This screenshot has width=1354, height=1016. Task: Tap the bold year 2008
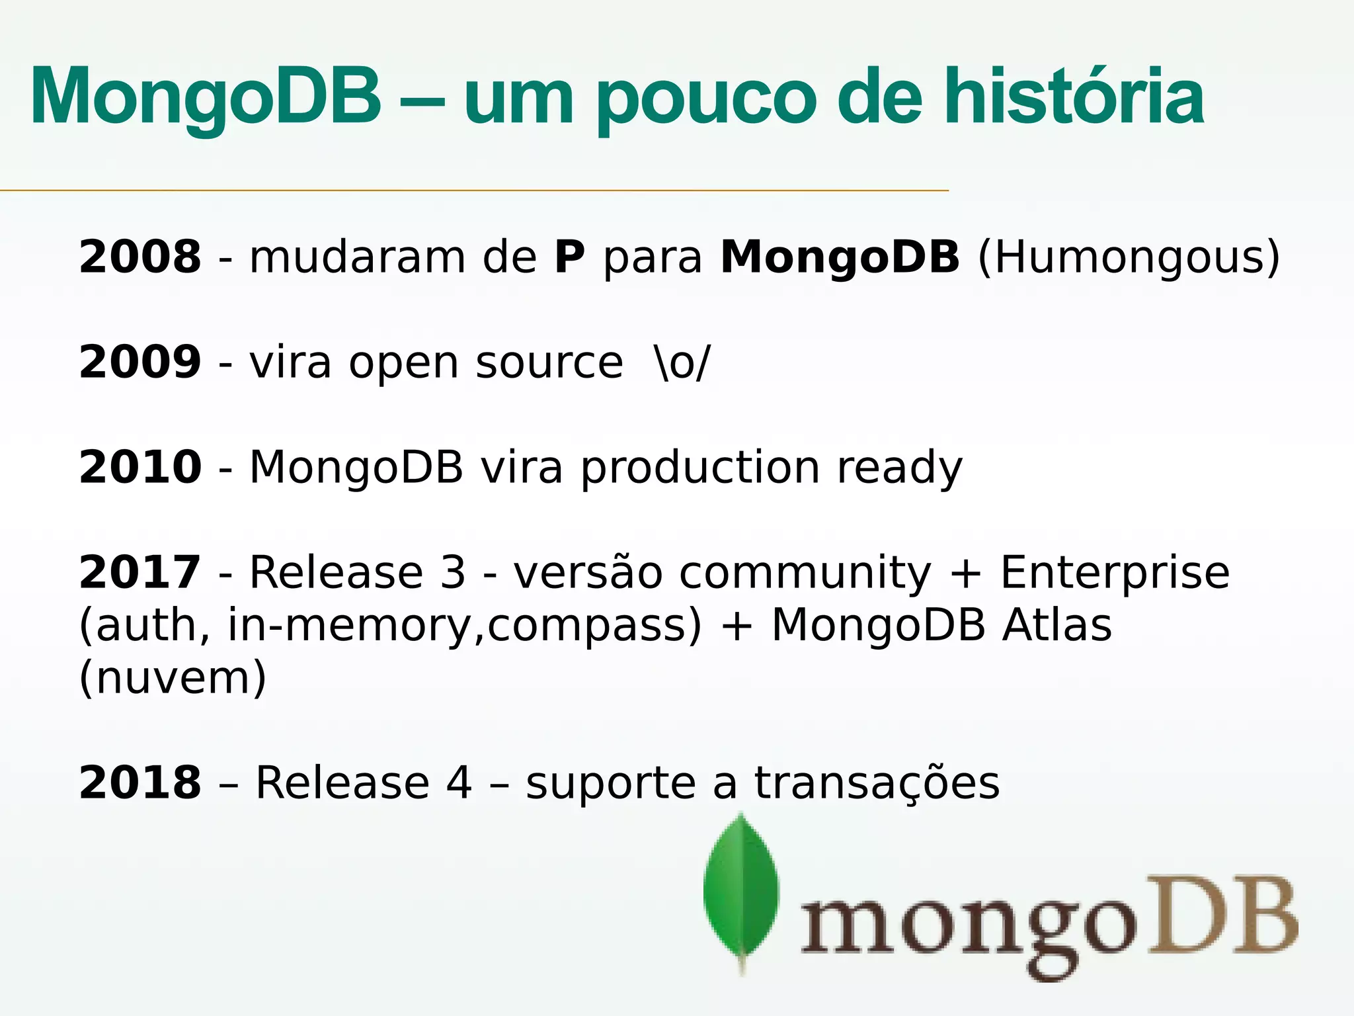[139, 257]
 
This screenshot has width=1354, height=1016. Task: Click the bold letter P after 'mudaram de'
[569, 257]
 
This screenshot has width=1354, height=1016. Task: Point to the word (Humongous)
[1129, 258]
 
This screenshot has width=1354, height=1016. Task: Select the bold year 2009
[139, 362]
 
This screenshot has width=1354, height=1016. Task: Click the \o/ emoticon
[682, 362]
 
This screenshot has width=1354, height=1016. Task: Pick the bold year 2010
[139, 467]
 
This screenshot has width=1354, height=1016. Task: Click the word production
[700, 468]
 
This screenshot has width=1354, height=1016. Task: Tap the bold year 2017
[139, 572]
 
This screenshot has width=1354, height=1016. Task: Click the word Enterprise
[1115, 573]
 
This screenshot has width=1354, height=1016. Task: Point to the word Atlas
[1056, 625]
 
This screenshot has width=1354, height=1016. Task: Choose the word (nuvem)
[173, 678]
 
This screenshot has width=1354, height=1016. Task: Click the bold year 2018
[139, 783]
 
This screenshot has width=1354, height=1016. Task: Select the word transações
[877, 784]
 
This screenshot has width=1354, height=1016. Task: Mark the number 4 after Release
[459, 783]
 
